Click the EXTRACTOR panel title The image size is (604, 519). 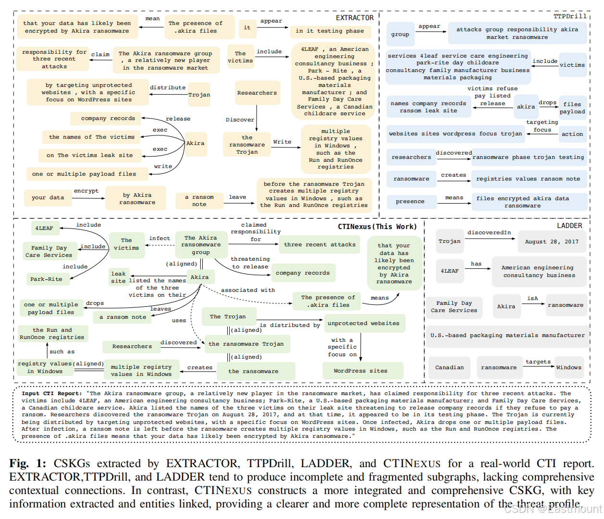[x=355, y=18]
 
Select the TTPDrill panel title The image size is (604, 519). [x=570, y=16]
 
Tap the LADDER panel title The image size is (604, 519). [x=569, y=226]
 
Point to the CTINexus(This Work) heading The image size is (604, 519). [x=377, y=227]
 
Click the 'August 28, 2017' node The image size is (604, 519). [x=552, y=241]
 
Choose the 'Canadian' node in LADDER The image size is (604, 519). [x=449, y=367]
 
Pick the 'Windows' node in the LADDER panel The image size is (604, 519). [x=568, y=367]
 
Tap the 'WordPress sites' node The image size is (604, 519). [x=360, y=371]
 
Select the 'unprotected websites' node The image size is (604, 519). [x=363, y=323]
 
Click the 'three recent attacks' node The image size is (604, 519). [x=320, y=244]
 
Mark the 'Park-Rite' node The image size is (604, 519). [x=46, y=279]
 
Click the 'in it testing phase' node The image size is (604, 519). [x=330, y=31]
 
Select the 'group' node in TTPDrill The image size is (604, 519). [x=400, y=34]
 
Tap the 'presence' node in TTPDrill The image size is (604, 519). [x=410, y=201]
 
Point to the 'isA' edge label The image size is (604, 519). [x=532, y=298]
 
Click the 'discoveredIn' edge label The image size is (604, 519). [x=489, y=232]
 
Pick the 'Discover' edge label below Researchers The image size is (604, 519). [x=240, y=120]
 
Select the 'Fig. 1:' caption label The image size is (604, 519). [x=27, y=463]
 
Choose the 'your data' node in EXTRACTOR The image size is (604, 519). [x=48, y=197]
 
